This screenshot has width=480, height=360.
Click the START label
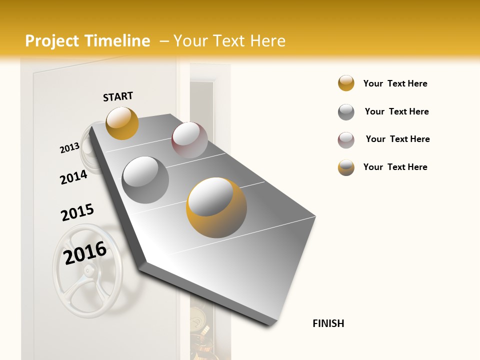point(118,96)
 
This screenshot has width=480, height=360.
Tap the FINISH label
point(328,323)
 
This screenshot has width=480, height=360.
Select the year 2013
point(69,148)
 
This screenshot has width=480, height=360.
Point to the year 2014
point(73,177)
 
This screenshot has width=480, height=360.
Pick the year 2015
point(77,212)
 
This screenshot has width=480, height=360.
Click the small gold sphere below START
point(122,123)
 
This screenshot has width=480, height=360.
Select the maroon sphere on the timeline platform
point(189,139)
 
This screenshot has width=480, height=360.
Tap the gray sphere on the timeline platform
point(145,179)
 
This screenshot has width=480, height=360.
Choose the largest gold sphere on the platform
point(216,207)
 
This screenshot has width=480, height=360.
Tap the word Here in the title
point(267,41)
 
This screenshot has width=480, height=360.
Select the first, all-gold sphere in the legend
point(346,83)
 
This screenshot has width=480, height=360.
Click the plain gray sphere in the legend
point(346,112)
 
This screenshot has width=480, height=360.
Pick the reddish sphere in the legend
point(346,140)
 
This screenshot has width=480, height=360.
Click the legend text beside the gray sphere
point(396,111)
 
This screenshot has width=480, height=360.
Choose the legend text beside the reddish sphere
point(397,139)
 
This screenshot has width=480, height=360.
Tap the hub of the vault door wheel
point(88,271)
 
